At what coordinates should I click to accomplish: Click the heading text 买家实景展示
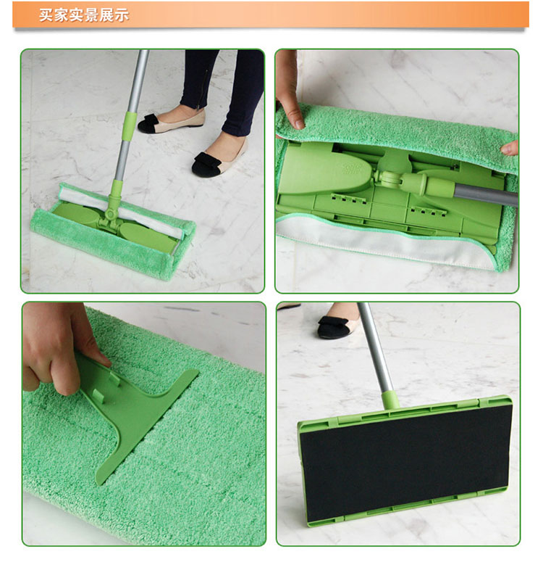coord(84,15)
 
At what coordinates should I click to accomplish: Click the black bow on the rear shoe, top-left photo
coord(148,123)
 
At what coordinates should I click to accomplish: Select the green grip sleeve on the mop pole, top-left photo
coord(130,126)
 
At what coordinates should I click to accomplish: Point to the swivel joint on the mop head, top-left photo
coord(110,215)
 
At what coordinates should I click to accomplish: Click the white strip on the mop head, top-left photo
coord(121,212)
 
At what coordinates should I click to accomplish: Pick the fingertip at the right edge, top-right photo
coord(510,148)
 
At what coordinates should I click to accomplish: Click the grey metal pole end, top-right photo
coord(486,194)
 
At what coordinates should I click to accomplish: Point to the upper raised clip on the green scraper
coord(114,377)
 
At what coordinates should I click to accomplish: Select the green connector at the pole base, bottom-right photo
coord(390,401)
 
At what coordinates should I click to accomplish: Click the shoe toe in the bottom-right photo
coord(333,327)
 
